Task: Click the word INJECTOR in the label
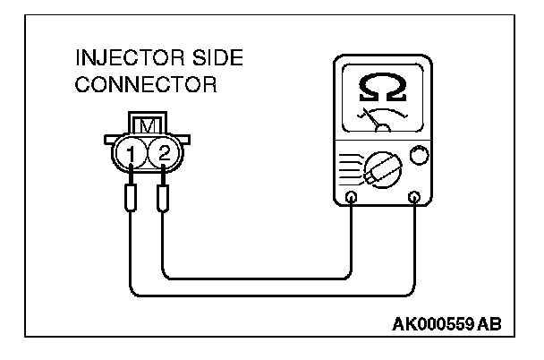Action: [x=115, y=60]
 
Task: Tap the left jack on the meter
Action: [x=352, y=197]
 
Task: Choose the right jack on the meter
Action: [x=413, y=197]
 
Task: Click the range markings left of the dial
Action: [x=350, y=165]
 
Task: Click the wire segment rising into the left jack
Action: [x=352, y=237]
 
